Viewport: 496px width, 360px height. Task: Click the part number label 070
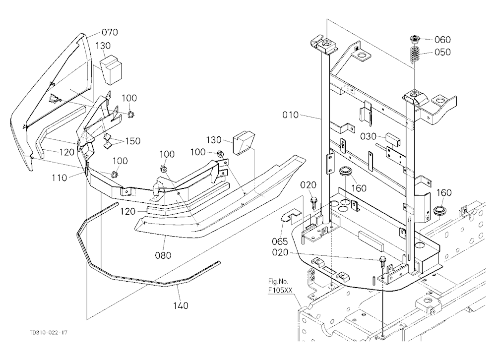click(x=110, y=32)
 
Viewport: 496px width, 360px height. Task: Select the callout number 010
click(x=290, y=115)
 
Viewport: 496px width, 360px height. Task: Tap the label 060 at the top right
click(x=442, y=40)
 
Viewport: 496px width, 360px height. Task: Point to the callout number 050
click(x=442, y=52)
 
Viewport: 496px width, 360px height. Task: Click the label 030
click(x=369, y=136)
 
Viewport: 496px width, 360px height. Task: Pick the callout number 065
click(x=280, y=241)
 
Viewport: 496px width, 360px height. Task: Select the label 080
click(x=163, y=255)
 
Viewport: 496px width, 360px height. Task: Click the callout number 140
click(x=181, y=305)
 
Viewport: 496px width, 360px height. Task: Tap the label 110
click(x=60, y=178)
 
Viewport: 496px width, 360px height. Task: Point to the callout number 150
click(x=132, y=141)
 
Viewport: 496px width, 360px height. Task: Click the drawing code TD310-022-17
click(x=49, y=332)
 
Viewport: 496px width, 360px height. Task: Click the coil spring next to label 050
click(x=414, y=55)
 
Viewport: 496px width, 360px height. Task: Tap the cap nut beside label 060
click(x=414, y=40)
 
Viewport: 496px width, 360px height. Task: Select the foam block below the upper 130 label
click(x=111, y=69)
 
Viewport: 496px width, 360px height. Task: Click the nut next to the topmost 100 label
click(x=130, y=114)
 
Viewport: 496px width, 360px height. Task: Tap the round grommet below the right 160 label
click(x=440, y=210)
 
